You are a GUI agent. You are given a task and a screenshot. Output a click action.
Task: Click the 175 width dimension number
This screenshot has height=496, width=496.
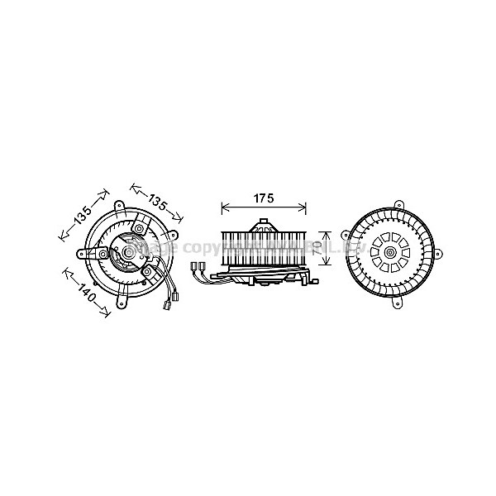coord(262,198)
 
